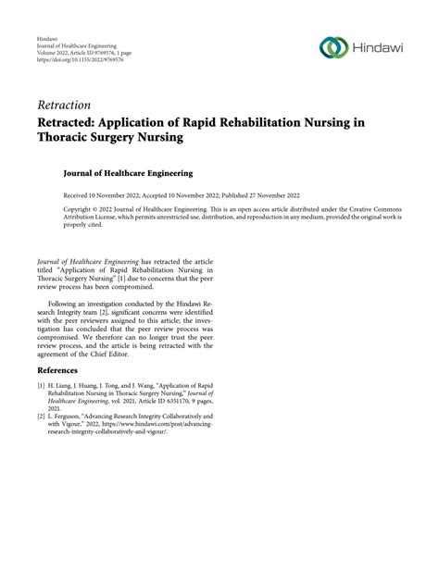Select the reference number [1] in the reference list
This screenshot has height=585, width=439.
coord(42,384)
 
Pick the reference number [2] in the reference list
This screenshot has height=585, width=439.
coord(42,417)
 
